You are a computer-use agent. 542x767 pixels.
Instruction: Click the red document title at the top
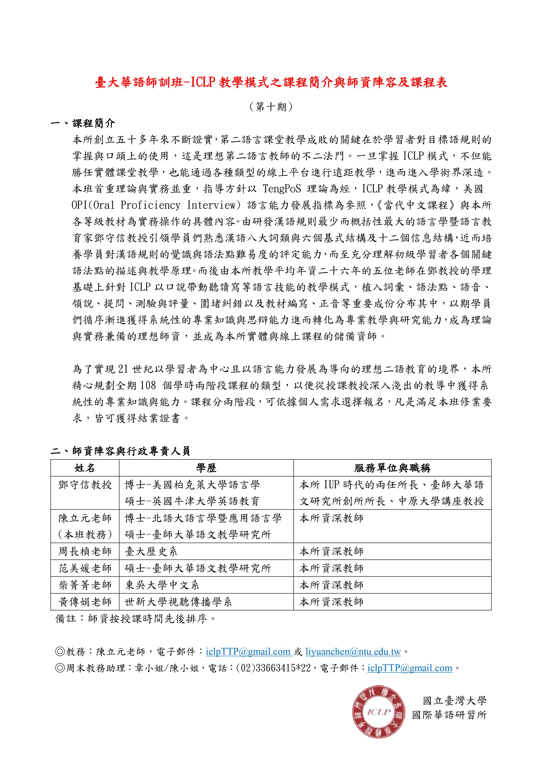coord(271,82)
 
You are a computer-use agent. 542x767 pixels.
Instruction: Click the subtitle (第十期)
coord(271,107)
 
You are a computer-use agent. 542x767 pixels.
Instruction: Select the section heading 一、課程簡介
coord(83,123)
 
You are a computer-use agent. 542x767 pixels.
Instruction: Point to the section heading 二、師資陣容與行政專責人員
coord(120,451)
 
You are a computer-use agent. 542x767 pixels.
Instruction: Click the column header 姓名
coord(85,468)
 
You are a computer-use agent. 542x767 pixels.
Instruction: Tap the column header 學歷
coord(206,468)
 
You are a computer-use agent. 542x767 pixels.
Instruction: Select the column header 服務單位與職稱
coord(392,468)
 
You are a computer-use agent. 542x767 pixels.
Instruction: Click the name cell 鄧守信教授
coord(85,485)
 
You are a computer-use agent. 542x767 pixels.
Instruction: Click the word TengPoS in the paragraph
coord(282,189)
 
